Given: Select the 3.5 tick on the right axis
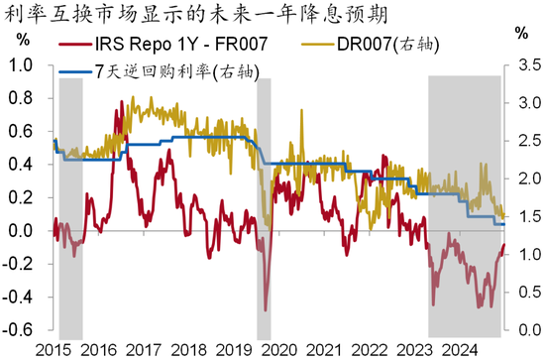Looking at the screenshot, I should click(524, 67).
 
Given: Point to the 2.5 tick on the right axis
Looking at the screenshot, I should click(524, 142).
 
